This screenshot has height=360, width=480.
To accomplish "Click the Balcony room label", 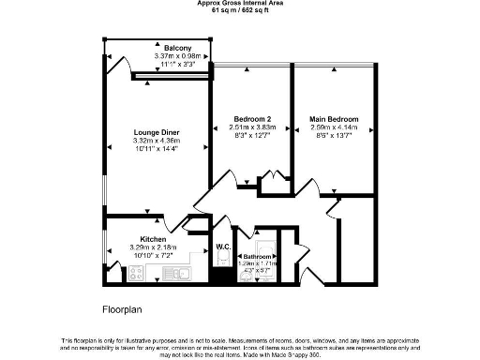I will pos(177,48).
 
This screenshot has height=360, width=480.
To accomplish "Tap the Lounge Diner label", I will pos(156,132).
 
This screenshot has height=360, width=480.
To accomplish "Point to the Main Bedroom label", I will pos(333,119).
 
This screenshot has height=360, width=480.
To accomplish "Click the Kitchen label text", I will pos(153,239).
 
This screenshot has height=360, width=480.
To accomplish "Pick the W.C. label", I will pos(223,247).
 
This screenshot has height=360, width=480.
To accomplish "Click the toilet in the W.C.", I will pos(222,273).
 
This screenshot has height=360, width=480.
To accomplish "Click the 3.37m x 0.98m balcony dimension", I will pos(177,56).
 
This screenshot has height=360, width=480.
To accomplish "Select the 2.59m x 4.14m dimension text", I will pos(333,127).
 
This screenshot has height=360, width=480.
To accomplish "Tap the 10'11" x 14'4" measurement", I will pos(156,149).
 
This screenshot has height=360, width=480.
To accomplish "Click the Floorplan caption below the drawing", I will pos(121,308).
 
